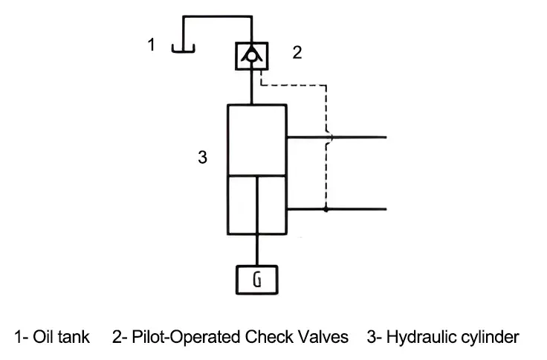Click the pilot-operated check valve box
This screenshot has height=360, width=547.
tap(253, 55)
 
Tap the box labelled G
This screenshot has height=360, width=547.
tap(256, 280)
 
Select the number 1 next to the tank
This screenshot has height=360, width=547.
tap(152, 45)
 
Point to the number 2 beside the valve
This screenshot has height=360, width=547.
tap(297, 53)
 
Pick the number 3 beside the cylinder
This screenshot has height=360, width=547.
tap(202, 158)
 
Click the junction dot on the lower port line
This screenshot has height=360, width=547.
tap(326, 210)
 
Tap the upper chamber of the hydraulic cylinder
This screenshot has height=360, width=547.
tap(256, 140)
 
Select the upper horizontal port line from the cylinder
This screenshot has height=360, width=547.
tap(357, 138)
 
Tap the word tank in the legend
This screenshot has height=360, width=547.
tap(75, 337)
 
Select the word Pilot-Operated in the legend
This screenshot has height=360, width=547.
tap(186, 337)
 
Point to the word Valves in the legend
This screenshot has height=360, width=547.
tap(324, 337)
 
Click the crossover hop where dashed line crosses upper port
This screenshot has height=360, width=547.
tap(328, 138)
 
